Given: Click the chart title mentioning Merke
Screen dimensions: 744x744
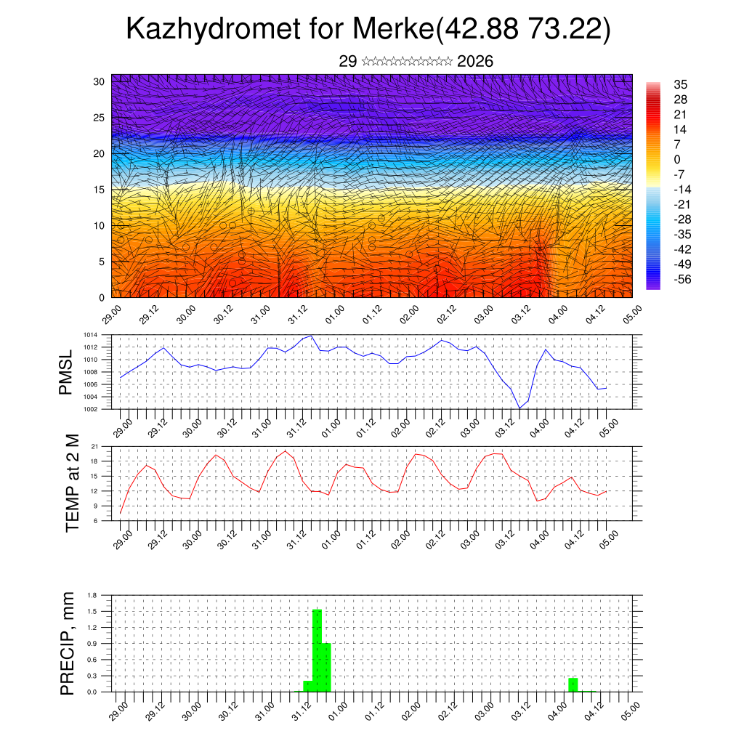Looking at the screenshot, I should tap(368, 29).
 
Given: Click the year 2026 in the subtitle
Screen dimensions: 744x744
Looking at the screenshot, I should tap(475, 62).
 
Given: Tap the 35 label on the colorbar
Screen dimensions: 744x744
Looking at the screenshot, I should tap(681, 85).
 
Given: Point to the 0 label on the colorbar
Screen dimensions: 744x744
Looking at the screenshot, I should tap(677, 159).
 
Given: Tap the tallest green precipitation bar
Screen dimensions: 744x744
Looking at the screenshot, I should tap(317, 650).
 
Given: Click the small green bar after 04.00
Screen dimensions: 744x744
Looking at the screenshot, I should tap(573, 684).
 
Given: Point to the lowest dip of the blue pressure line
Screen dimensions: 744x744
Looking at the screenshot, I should tap(519, 408).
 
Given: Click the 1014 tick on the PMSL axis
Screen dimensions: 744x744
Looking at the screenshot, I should tap(91, 335).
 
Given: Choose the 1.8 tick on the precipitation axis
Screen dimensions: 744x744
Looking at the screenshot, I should tap(92, 596).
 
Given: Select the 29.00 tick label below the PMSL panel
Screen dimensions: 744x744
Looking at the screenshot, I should tap(123, 428).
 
